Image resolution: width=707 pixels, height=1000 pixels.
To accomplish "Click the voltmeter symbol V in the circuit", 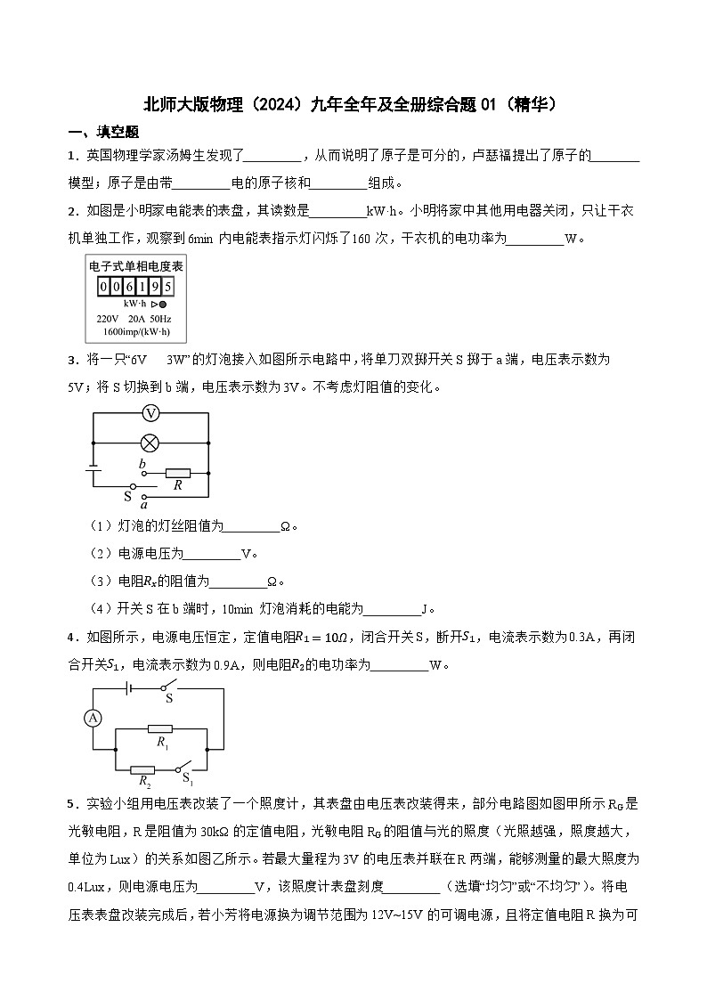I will (151, 413).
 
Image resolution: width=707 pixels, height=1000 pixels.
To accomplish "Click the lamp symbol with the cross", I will (151, 441).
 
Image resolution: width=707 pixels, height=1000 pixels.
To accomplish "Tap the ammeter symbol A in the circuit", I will (90, 717).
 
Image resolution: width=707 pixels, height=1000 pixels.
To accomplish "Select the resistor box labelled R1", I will (161, 728).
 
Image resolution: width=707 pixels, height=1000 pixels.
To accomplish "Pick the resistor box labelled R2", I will (142, 769).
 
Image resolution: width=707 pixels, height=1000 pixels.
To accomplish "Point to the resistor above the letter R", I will (177, 473).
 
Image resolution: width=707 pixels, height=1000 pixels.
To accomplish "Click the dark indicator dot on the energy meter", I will (162, 305).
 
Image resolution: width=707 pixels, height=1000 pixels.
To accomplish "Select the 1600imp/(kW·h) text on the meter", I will (135, 331).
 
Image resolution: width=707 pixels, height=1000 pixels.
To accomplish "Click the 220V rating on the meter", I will (107, 318).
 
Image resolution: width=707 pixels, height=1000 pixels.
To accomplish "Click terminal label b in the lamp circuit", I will (142, 464).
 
